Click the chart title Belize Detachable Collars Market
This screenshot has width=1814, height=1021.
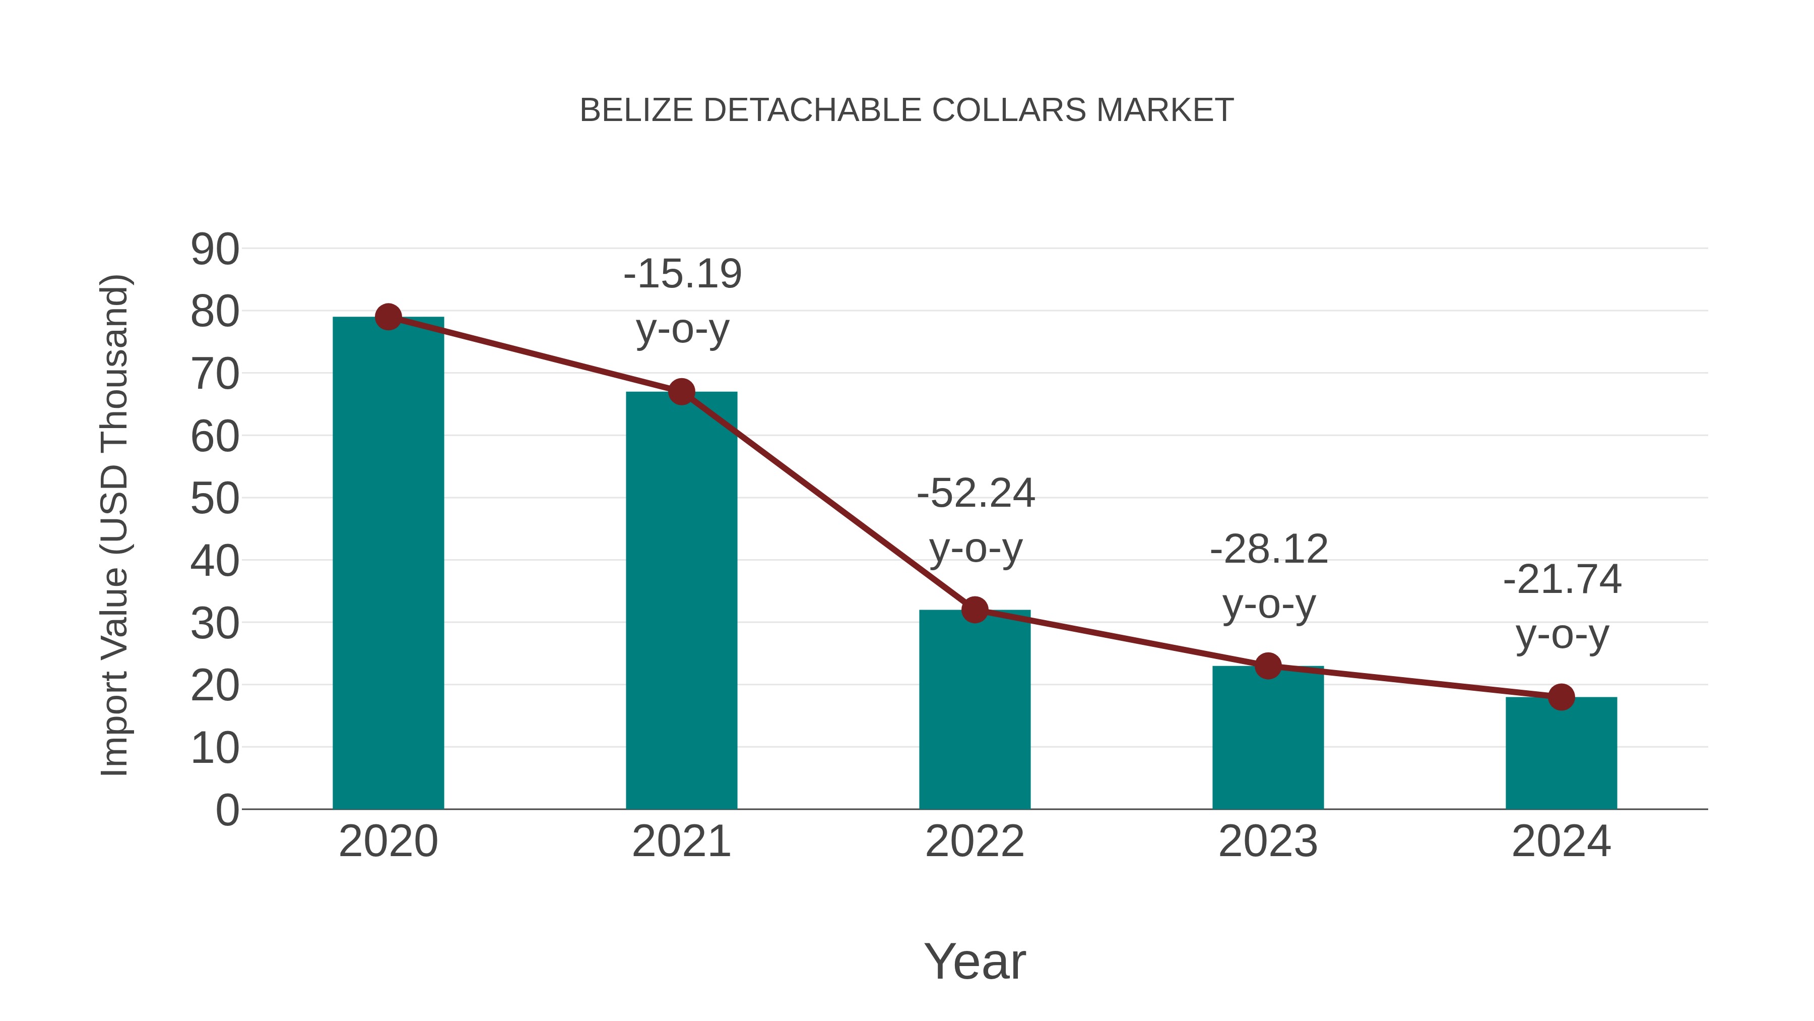906,110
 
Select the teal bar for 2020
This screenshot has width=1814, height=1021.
388,564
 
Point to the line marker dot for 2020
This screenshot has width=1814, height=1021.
388,317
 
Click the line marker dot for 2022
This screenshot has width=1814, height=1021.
975,610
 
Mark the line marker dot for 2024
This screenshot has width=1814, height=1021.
1561,697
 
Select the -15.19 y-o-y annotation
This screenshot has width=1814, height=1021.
682,301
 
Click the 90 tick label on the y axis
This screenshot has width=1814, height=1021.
215,250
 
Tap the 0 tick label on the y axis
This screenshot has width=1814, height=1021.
227,810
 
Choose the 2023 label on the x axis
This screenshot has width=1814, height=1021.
1268,842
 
